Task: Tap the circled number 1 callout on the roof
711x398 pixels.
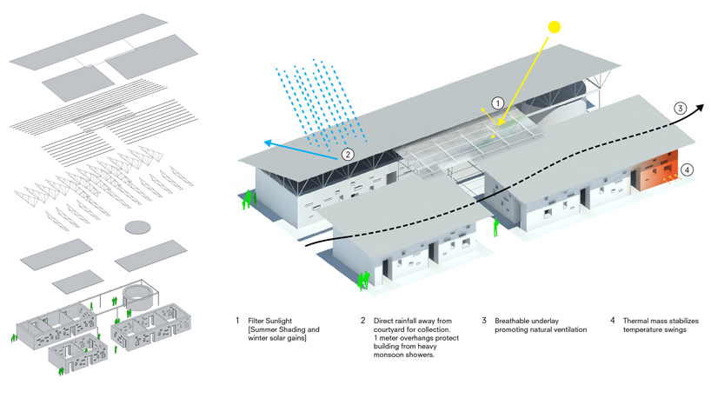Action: point(497,103)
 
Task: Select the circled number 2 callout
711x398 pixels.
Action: point(347,155)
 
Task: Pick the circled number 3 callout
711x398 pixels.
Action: point(681,108)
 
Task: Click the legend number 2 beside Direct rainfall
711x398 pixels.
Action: point(362,321)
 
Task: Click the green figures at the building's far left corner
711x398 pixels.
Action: point(249,200)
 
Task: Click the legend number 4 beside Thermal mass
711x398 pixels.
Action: point(612,321)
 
